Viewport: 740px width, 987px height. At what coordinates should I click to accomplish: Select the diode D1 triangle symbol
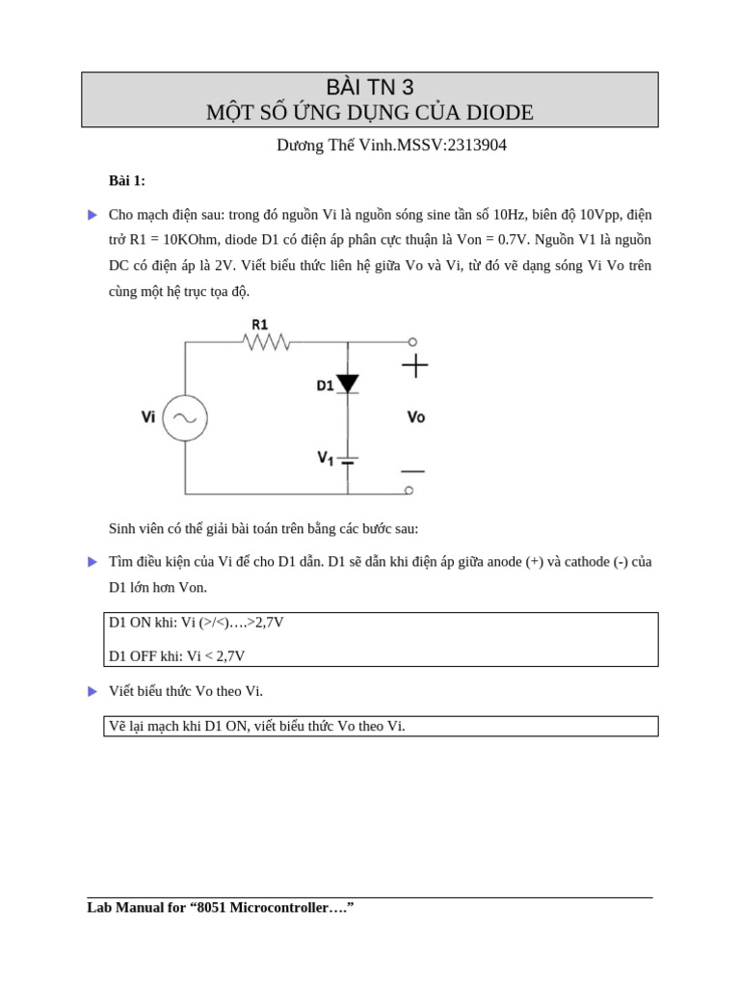[348, 384]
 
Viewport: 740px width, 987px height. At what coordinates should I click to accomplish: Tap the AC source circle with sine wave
[185, 417]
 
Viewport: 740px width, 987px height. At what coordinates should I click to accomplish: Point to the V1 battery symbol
[348, 459]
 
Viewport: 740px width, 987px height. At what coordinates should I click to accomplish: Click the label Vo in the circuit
[416, 417]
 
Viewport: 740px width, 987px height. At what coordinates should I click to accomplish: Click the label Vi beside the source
[148, 417]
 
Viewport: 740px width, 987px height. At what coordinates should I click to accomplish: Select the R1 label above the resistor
[260, 324]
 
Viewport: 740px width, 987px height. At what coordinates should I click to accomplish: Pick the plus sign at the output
[414, 365]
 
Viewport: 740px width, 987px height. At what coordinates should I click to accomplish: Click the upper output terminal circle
[412, 341]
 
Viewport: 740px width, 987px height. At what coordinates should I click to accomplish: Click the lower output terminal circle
[410, 491]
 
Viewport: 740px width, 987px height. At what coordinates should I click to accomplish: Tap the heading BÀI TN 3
[370, 88]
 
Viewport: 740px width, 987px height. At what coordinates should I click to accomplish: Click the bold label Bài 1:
[127, 181]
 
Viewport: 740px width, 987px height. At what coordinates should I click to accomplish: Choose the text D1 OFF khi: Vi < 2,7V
[177, 655]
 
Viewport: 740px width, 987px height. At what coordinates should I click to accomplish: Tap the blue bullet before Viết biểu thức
[92, 691]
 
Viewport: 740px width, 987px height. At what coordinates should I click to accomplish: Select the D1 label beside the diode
[325, 386]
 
